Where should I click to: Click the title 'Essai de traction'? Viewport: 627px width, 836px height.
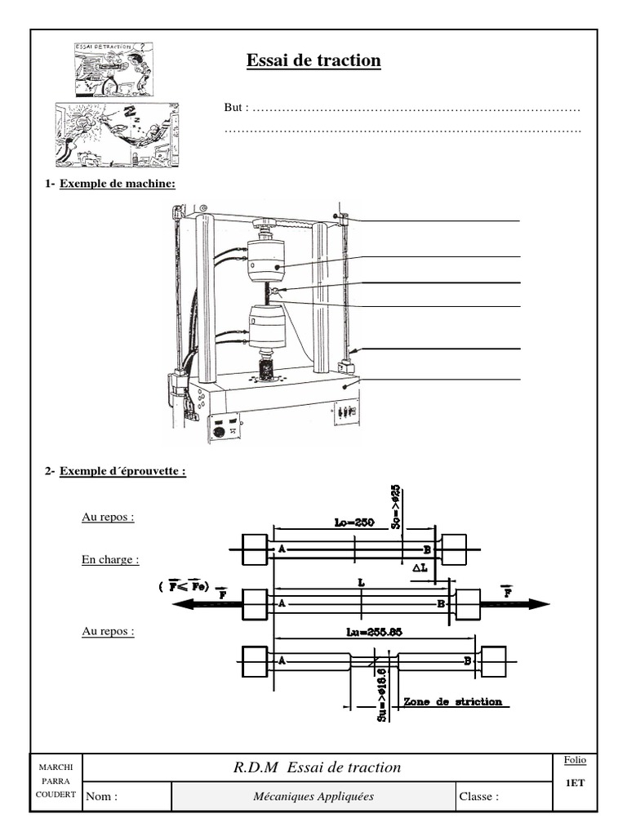(x=313, y=60)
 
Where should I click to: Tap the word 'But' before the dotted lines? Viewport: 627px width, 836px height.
(x=234, y=108)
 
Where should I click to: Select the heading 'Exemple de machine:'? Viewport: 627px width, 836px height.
(x=118, y=183)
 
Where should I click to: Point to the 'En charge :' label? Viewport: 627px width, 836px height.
(x=110, y=560)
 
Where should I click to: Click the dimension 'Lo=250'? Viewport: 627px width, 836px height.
(x=354, y=523)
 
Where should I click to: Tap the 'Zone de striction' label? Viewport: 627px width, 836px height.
(x=452, y=701)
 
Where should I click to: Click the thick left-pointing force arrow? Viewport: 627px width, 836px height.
(x=204, y=604)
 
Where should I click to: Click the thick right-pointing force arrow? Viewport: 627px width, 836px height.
(x=514, y=604)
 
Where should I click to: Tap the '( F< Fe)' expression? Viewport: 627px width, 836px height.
(x=186, y=586)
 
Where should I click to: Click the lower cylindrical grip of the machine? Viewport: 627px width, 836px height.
(x=269, y=325)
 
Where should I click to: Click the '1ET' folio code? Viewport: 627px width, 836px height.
(x=575, y=782)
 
